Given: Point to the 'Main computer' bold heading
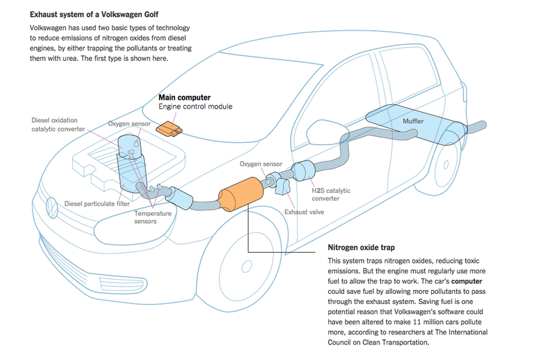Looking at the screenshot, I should [184, 97].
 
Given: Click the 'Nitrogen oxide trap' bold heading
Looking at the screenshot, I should [360, 247].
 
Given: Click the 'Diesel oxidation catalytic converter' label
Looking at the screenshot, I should [59, 124].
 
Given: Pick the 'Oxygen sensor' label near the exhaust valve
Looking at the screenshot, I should [261, 164].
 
